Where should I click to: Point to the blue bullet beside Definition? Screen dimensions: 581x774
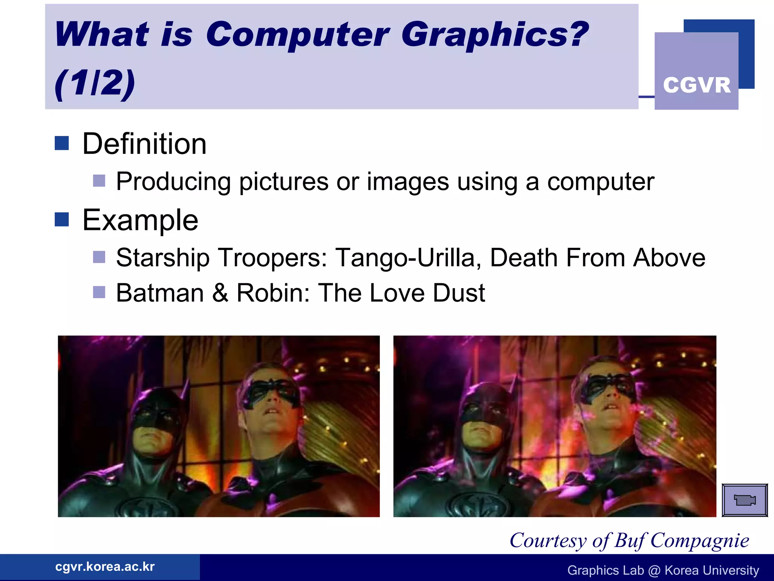62,143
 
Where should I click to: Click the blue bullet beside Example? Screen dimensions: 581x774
62,219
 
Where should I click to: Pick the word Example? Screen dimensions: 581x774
140,220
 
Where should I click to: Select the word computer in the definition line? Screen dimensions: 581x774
601,182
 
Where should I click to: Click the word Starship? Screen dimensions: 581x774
163,258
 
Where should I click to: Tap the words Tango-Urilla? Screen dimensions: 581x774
408,258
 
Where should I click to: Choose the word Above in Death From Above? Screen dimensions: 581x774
669,258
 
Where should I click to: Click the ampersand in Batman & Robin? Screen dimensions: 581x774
220,293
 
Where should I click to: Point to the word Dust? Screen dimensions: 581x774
459,293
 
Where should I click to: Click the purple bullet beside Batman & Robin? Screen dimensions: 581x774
99,292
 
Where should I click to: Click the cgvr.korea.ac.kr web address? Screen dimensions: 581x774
105,567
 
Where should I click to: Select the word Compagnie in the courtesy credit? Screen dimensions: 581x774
700,541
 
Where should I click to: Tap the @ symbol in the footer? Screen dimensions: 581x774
654,570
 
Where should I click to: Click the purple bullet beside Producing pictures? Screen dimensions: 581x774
99,181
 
